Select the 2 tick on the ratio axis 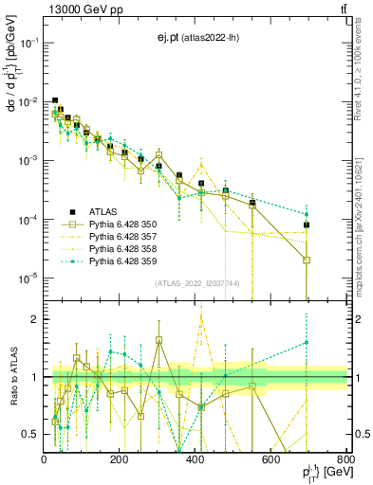pos(35,319)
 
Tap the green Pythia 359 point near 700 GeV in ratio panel pos(306,343)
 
